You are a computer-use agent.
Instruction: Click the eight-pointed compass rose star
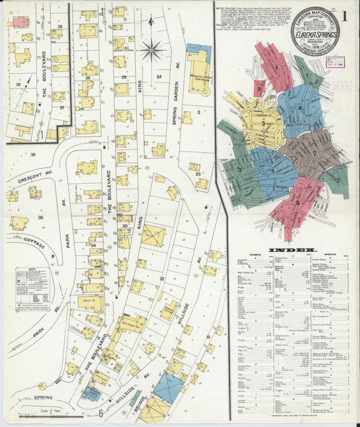coord(152,49)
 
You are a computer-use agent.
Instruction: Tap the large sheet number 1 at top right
coord(347,14)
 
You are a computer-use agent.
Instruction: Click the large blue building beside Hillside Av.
coord(168,386)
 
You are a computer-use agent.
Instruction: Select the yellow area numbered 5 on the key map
coord(263,124)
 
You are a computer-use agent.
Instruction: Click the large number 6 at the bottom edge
coord(101,413)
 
